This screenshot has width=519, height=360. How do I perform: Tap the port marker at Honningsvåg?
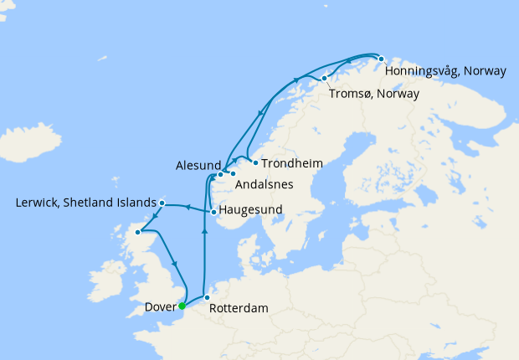[x=381, y=59]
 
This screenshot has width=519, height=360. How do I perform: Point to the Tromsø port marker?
[x=324, y=79]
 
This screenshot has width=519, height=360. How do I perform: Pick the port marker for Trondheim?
[x=255, y=162]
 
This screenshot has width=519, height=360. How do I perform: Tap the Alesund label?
[x=198, y=165]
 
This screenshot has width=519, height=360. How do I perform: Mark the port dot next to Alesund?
[x=220, y=174]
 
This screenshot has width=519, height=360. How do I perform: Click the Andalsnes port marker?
[x=233, y=173]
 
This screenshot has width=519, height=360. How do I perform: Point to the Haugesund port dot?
[x=214, y=212]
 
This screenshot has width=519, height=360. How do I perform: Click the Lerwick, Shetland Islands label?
[x=86, y=203]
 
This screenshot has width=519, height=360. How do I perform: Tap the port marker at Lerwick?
[x=162, y=203]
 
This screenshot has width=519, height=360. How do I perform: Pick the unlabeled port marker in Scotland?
[x=139, y=232]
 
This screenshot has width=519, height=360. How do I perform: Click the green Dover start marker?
[x=182, y=306]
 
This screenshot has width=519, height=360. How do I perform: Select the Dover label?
[x=160, y=307]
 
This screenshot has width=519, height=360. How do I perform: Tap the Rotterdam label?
[x=239, y=308]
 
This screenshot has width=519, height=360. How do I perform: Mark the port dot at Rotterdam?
[x=207, y=297]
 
